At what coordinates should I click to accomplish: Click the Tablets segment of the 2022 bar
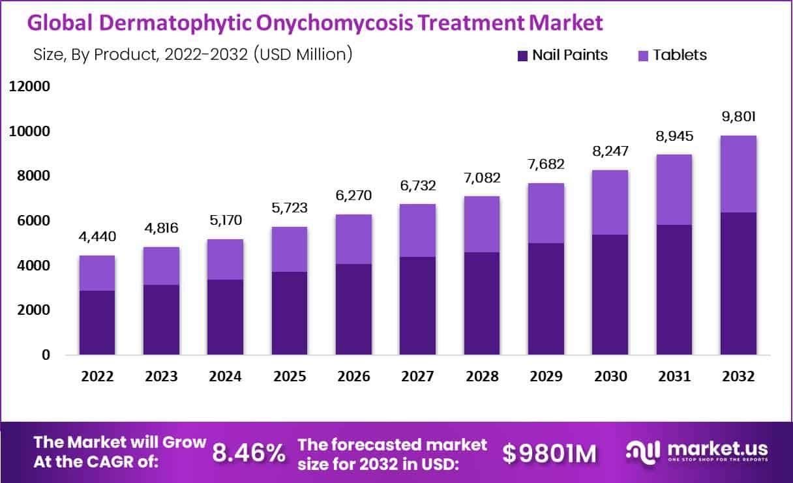pyautogui.click(x=97, y=272)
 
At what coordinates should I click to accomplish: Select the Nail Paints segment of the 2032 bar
pyautogui.click(x=738, y=284)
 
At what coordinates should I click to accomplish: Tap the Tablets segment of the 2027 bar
pyautogui.click(x=417, y=230)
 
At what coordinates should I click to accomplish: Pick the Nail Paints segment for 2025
pyautogui.click(x=290, y=313)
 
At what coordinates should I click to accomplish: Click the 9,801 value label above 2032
pyautogui.click(x=738, y=117)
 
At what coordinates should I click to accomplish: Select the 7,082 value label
pyautogui.click(x=482, y=178)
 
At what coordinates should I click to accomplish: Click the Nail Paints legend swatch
pyautogui.click(x=522, y=56)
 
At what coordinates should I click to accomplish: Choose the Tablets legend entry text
pyautogui.click(x=680, y=55)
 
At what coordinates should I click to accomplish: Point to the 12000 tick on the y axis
pyautogui.click(x=29, y=87)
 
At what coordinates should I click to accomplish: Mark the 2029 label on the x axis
pyautogui.click(x=546, y=377)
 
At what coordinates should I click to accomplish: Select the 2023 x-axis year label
pyautogui.click(x=162, y=377)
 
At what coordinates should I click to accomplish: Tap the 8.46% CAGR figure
pyautogui.click(x=248, y=452)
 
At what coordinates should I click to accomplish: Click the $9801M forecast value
pyautogui.click(x=550, y=453)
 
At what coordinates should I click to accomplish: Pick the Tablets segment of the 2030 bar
pyautogui.click(x=610, y=202)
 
